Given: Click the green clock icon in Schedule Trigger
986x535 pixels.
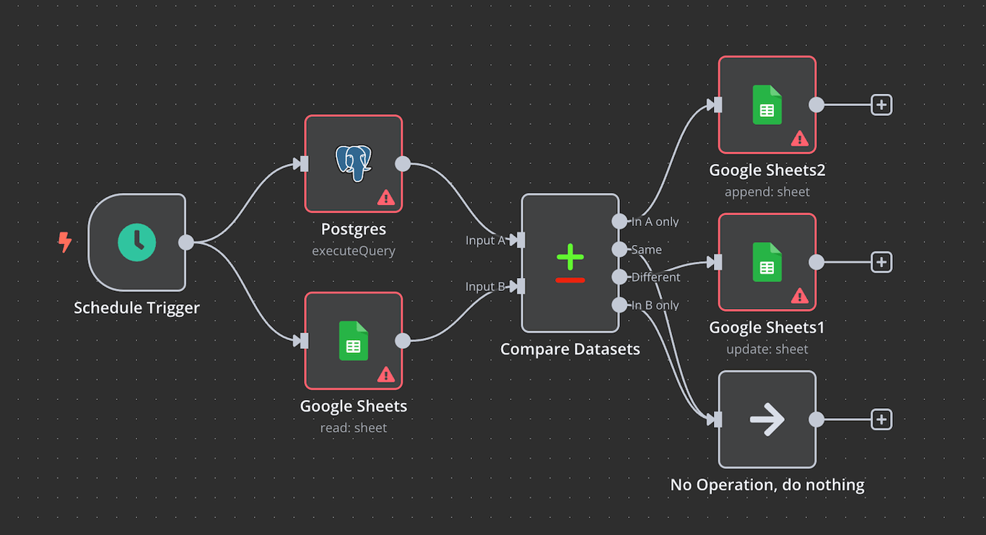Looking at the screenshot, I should pos(137,242).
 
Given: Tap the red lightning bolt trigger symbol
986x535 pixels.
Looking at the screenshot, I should pos(65,243).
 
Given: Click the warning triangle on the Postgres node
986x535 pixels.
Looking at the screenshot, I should pos(386,197).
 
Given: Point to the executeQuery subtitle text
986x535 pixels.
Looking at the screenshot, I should pos(353,251).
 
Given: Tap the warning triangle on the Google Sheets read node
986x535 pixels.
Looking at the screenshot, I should pos(386,374).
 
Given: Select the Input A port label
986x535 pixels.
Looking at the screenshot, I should pos(485,240).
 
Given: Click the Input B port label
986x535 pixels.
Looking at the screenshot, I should pos(485,287).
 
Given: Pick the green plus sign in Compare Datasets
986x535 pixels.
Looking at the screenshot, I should pos(570,256).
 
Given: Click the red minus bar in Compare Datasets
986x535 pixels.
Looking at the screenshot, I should pos(570,279).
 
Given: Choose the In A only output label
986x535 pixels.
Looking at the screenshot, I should pos(655,222).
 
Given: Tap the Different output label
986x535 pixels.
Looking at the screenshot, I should pos(655,277).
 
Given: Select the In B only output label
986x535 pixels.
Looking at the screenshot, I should pos(655,305).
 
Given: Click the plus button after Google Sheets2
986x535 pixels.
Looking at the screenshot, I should pos(881,105).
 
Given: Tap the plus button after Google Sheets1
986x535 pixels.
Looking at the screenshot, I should pos(881,262).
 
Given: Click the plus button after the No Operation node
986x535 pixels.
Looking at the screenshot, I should pos(881,419).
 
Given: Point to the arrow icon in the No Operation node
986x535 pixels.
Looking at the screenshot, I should pos(767,419).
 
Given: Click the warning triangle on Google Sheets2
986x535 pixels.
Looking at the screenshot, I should pos(800,139).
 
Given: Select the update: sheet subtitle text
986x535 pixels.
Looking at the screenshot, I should pos(767,349).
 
